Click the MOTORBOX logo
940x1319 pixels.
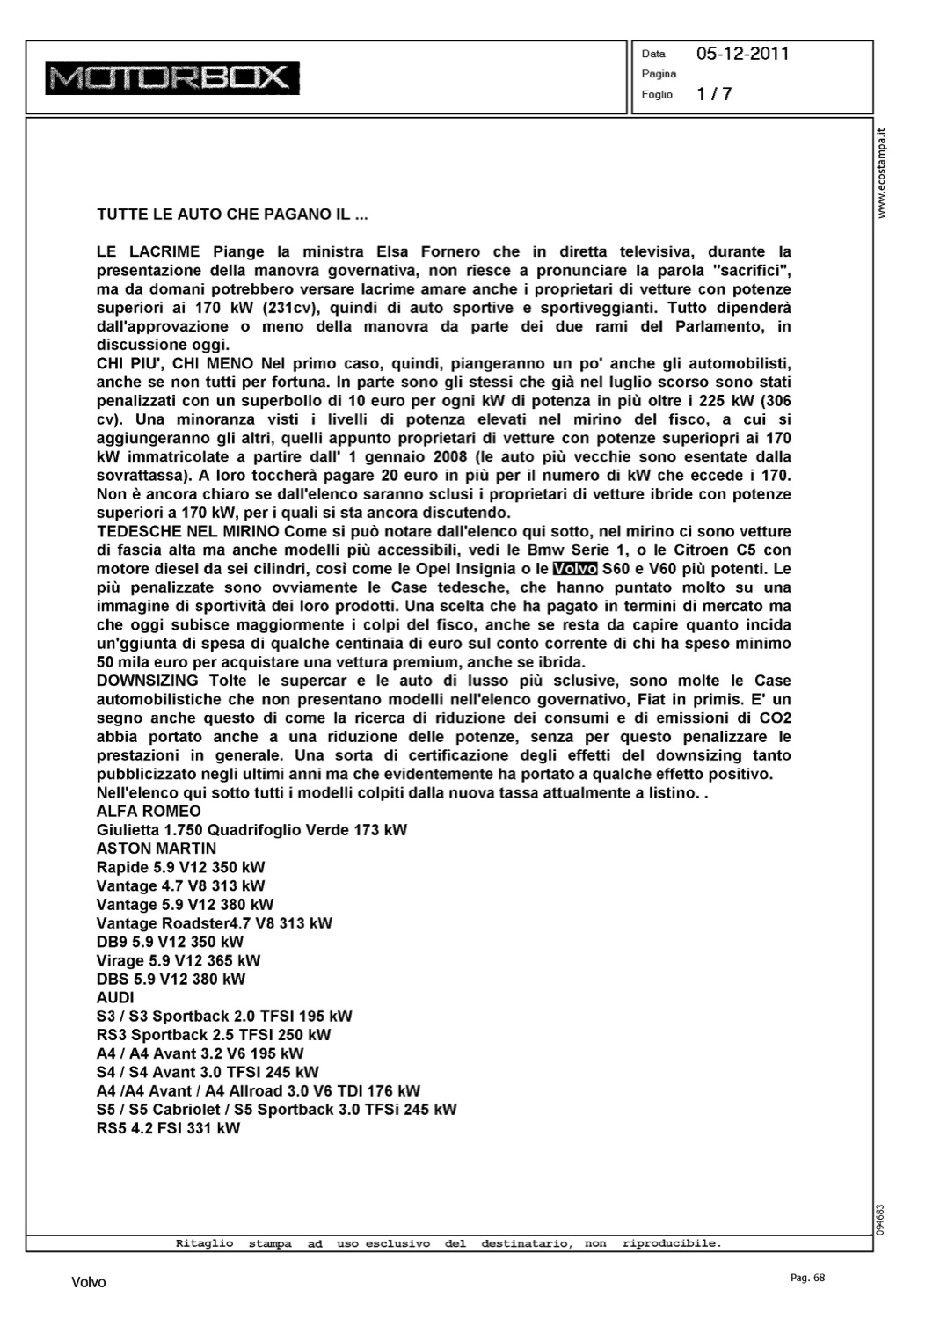click(x=172, y=77)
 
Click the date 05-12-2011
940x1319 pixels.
click(x=742, y=54)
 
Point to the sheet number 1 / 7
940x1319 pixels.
click(x=714, y=94)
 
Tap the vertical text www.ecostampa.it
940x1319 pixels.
click(x=883, y=172)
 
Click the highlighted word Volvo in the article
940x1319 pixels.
click(x=575, y=569)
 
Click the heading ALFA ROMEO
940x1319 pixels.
click(x=149, y=811)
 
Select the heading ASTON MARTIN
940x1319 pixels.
click(x=157, y=849)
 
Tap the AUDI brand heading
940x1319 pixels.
click(x=115, y=997)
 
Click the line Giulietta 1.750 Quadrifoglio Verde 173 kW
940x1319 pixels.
click(x=251, y=830)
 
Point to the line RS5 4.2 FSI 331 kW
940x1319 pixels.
click(x=168, y=1128)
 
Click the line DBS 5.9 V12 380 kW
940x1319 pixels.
click(x=171, y=979)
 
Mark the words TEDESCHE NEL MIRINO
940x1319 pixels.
click(x=188, y=531)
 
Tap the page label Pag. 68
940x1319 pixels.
click(x=808, y=1278)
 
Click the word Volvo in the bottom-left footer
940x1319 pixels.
click(x=89, y=1282)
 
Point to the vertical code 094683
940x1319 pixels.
click(x=881, y=1220)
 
